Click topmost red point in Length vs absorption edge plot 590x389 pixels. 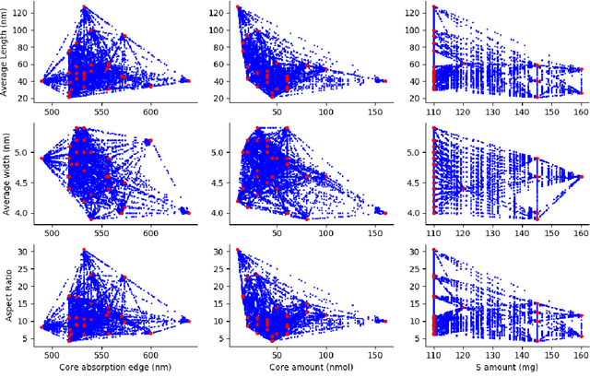(84, 7)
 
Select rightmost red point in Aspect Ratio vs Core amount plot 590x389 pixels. (385, 321)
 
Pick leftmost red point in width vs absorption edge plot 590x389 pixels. (42, 158)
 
